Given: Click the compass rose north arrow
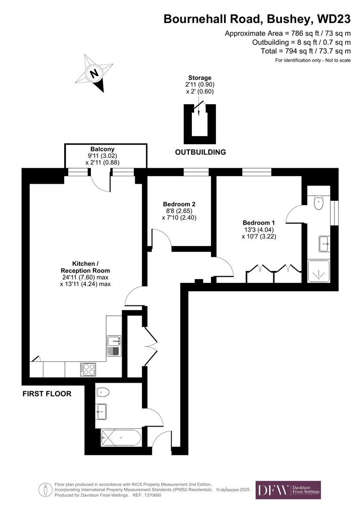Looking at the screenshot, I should pos(95,74).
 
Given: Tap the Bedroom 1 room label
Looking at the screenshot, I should pos(258,222).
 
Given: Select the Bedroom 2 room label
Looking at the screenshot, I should pos(179,204).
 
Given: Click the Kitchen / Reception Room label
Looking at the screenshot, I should pos(85,267).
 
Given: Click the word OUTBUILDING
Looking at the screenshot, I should pos(200,152).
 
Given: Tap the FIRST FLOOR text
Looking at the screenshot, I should pos(47,394).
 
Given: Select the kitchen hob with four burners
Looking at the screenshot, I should pos(88,369).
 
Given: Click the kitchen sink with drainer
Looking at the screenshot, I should pos(114,345).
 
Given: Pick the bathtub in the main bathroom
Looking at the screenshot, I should pos(121,438).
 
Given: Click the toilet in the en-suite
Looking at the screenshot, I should pos(319,202).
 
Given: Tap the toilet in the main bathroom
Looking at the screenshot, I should pos(102,392).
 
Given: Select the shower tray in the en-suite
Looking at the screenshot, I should pos(319,271).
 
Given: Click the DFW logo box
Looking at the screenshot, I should pos(288,490).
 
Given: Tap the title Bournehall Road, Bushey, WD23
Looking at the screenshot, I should pos(257,19).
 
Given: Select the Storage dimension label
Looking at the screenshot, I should pos(200,85).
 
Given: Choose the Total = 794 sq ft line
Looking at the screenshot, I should pos(305,51).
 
